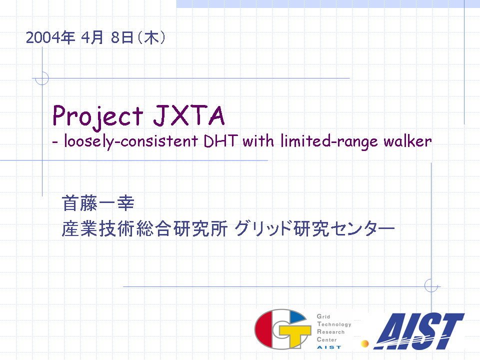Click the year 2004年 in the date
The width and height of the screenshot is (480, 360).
(50, 37)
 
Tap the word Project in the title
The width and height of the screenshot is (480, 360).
(98, 116)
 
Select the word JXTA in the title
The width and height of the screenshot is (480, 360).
(189, 115)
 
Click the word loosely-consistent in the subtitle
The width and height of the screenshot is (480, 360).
(131, 141)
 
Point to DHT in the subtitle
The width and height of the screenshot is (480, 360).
(220, 141)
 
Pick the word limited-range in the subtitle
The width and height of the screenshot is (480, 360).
(329, 141)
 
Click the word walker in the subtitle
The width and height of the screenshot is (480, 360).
(408, 141)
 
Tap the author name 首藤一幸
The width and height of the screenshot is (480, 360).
(98, 203)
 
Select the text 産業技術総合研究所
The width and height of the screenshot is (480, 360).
(144, 228)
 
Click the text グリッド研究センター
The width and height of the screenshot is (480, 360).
(314, 228)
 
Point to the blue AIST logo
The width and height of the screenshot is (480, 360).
(419, 331)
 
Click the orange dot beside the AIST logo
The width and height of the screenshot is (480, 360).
(364, 344)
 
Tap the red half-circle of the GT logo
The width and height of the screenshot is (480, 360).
(265, 329)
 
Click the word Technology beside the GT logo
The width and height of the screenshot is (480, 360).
(334, 324)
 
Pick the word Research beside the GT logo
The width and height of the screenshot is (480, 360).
(331, 332)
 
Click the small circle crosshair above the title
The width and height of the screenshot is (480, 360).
(42, 78)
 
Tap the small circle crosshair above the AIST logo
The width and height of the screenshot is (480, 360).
(431, 286)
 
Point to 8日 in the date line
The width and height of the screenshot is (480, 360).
(122, 37)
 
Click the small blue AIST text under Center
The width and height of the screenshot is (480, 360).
(329, 347)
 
